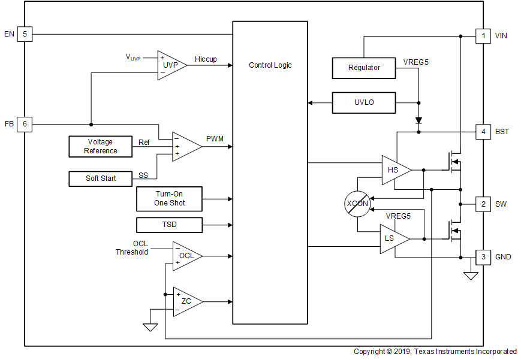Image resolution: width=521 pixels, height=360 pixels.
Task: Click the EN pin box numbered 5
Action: pos(25,34)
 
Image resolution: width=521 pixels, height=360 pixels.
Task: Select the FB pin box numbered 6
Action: pos(25,125)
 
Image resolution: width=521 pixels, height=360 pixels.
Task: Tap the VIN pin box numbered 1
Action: pos(483,36)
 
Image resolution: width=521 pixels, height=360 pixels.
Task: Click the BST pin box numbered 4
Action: pos(483,132)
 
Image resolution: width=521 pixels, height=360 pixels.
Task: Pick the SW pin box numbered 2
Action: pos(483,204)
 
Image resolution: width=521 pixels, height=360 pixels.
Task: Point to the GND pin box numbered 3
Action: pos(483,257)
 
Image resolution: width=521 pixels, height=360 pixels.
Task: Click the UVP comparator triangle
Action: pos(170,65)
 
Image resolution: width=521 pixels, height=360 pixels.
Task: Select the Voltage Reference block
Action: pos(101,147)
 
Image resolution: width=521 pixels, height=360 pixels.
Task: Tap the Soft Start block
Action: pos(101,179)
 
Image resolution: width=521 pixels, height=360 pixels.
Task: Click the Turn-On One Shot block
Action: pos(170,199)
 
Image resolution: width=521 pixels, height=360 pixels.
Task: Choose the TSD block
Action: pos(170,225)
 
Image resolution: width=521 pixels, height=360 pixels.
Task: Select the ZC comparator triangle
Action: pos(186,301)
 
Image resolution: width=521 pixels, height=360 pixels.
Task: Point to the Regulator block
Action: pos(364,68)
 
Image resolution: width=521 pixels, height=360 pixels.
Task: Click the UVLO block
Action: pos(364,102)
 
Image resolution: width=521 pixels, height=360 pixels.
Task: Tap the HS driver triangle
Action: pos(394,170)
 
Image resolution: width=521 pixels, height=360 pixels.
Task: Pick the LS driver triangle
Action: pos(393,239)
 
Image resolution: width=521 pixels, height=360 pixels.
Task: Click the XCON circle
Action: pos(358,204)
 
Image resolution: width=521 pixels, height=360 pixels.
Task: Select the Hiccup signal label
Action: pos(206,59)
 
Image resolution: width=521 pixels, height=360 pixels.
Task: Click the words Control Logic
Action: pos(270,65)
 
